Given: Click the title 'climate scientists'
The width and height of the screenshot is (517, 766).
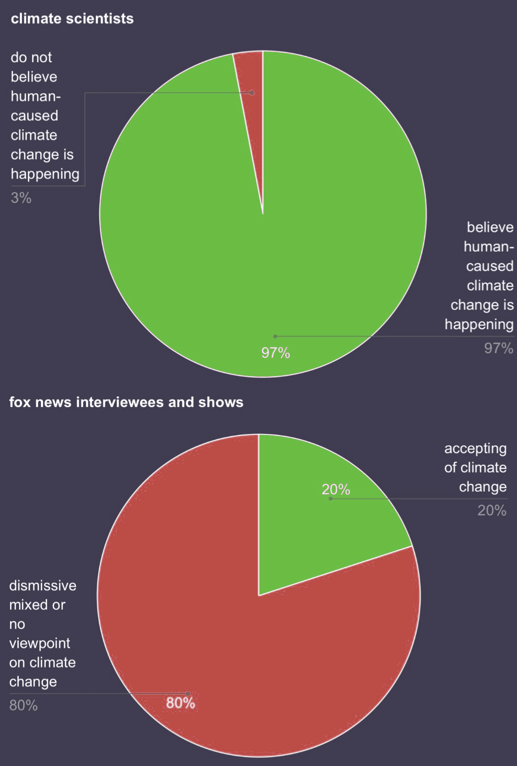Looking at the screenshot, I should [x=72, y=19].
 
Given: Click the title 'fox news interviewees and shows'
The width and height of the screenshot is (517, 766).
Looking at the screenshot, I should [x=126, y=402].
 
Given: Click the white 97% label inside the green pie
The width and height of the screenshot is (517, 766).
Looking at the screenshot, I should [x=276, y=353].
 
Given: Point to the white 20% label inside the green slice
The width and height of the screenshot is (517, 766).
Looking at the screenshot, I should [x=336, y=490].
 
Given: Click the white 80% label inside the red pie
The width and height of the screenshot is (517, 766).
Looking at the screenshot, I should [x=180, y=703].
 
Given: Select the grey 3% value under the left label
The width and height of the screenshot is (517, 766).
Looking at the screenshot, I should [x=21, y=198].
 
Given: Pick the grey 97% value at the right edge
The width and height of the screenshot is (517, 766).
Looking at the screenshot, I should [x=499, y=349].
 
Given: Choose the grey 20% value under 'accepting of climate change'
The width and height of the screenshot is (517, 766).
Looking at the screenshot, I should [x=492, y=511].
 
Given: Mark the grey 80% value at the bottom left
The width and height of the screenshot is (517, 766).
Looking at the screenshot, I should [x=23, y=706].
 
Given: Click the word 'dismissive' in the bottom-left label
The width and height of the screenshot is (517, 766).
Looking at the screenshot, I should [x=43, y=586].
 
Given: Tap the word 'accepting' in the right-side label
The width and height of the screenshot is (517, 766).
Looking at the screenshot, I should [x=476, y=448].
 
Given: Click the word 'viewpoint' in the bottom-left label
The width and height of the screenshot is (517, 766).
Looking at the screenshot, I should [x=40, y=644].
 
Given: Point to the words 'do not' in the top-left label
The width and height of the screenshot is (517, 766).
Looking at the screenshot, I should [x=31, y=57].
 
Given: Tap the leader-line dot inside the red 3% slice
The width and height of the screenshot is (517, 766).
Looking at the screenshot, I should [x=252, y=92].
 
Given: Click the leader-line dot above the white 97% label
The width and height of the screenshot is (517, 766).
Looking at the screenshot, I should [x=275, y=337].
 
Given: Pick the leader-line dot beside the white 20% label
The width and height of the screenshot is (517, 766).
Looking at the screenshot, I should [x=331, y=499].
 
